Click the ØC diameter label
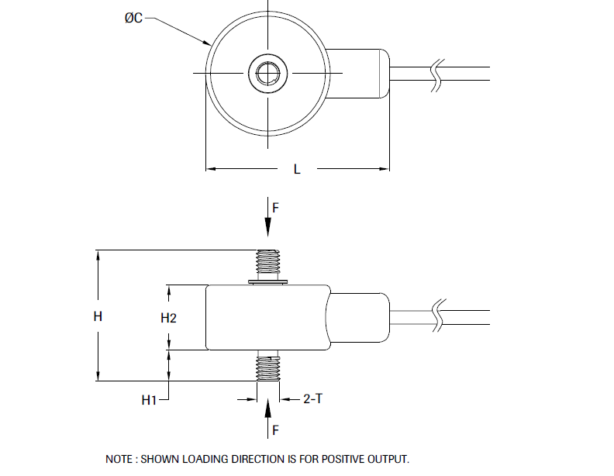point(133,18)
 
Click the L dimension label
point(297,169)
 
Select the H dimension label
point(98,316)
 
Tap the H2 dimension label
point(169,317)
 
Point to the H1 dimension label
point(150,400)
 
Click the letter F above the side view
point(275,208)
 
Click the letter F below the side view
point(275,428)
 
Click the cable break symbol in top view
point(438,74)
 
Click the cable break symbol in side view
point(438,316)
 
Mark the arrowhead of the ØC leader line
point(208,42)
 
